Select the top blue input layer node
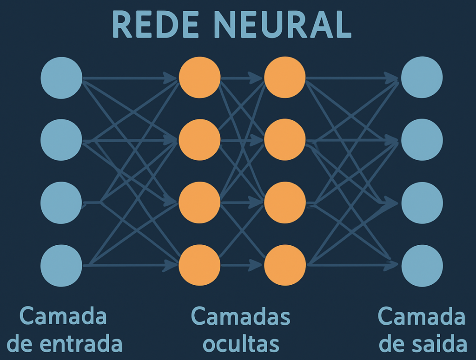[61, 78]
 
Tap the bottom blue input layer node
[61, 265]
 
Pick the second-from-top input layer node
[61, 140]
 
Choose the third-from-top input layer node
[61, 203]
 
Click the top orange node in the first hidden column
[199, 78]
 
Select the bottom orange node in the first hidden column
[199, 265]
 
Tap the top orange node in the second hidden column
[285, 78]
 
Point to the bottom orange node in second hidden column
[285, 265]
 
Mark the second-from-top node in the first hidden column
[199, 140]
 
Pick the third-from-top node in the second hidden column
[285, 203]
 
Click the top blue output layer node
[422, 78]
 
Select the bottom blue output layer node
[422, 265]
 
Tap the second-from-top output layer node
[422, 140]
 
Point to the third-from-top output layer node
[422, 203]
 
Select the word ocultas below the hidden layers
[241, 344]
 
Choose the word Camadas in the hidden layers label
[240, 317]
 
